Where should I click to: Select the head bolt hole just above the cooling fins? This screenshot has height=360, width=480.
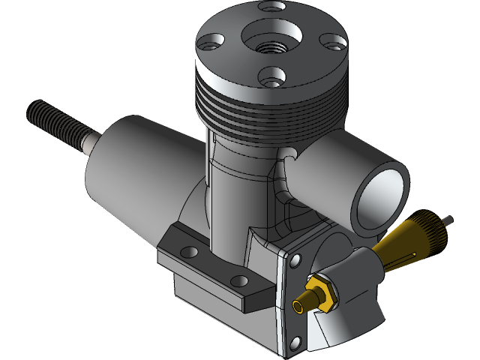[270, 75]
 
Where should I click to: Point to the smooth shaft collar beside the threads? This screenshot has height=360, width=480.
[91, 142]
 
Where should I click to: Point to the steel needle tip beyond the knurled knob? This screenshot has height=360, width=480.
[448, 220]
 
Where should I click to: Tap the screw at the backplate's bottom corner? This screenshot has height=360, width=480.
[295, 346]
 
